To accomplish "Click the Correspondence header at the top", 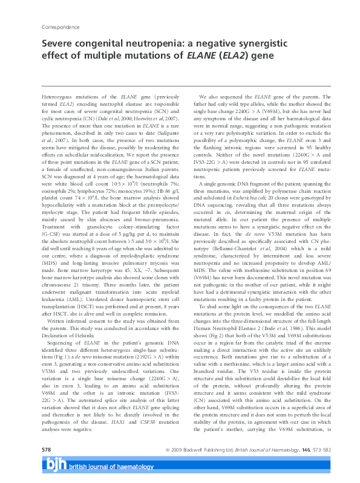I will (61, 28).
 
